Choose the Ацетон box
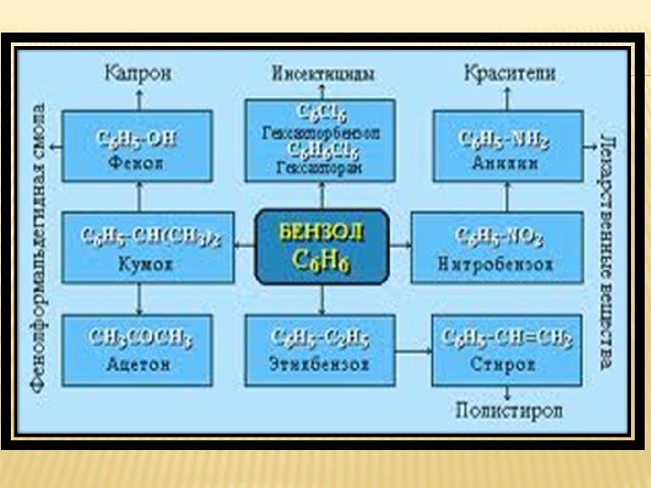click(137, 351)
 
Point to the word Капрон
click(137, 74)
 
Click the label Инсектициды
click(322, 74)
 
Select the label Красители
click(510, 74)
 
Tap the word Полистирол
click(510, 411)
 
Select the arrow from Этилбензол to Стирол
click(413, 351)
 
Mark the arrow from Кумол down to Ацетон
click(137, 298)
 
